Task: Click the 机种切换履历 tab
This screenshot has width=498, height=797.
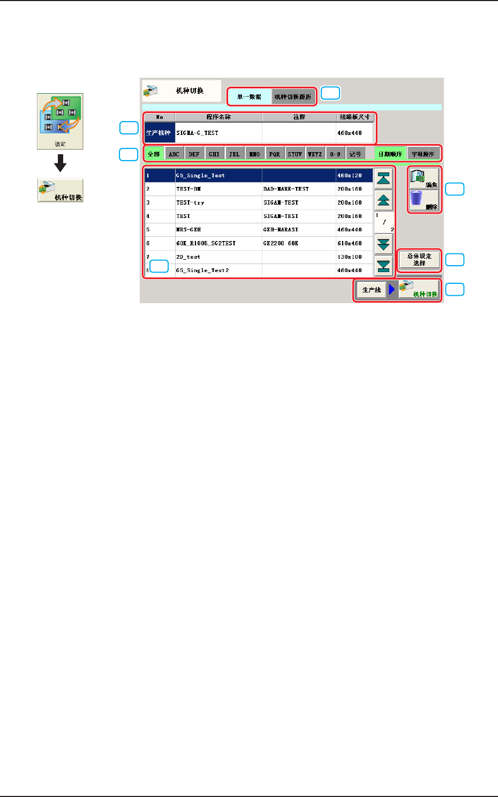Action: [293, 97]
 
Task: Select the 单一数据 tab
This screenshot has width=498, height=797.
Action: [249, 97]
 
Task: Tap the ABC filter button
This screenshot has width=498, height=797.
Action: [174, 154]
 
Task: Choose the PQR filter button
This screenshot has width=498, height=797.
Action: [275, 154]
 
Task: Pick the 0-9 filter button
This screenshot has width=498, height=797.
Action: [335, 154]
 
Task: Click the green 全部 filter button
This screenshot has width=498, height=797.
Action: [154, 154]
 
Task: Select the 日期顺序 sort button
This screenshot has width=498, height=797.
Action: [390, 154]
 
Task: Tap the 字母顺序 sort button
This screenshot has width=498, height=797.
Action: [423, 154]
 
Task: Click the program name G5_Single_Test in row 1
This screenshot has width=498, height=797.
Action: [200, 176]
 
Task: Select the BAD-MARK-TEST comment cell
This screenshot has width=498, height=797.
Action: [286, 189]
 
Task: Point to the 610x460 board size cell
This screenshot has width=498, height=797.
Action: [350, 243]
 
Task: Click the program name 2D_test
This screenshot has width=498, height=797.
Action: [188, 257]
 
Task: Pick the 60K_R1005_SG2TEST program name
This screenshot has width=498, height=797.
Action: [206, 243]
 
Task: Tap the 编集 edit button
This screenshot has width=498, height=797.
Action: [425, 178]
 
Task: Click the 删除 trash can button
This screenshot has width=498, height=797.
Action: [425, 201]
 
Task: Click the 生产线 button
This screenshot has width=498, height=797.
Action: [372, 290]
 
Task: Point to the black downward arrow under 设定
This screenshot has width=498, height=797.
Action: [61, 163]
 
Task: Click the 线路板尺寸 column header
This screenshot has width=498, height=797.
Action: [354, 117]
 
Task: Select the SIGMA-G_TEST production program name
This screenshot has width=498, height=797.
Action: [197, 133]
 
